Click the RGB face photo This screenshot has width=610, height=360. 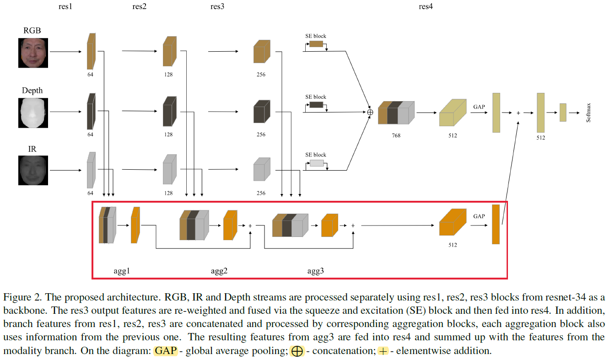coord(33,53)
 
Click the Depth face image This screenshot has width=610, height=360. coord(33,113)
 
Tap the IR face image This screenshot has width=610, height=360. coord(33,170)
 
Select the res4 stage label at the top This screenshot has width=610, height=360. coord(426,6)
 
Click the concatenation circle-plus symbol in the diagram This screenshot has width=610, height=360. coord(371,112)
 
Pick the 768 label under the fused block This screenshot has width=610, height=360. coord(396,135)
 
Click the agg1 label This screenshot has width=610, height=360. coord(122,270)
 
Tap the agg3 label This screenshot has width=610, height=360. coord(315,270)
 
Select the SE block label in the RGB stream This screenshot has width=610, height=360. coord(316,36)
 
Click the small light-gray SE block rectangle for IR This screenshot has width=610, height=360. coord(316,163)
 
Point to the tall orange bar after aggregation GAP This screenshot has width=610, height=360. coord(496,224)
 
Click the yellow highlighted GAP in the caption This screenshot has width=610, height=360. coord(165,351)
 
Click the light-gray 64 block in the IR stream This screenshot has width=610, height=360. coord(91,170)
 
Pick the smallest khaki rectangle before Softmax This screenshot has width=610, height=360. coord(563,112)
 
